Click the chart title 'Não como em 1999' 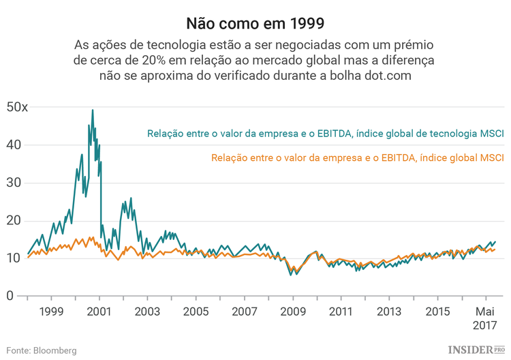255,23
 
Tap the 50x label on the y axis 17,107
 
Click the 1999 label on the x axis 52,312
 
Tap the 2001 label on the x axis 100,312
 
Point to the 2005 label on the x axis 196,312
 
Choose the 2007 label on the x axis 245,312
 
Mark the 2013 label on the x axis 389,312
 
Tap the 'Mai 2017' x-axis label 485,318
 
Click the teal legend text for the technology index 325,134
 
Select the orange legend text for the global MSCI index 357,158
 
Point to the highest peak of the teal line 93,110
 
